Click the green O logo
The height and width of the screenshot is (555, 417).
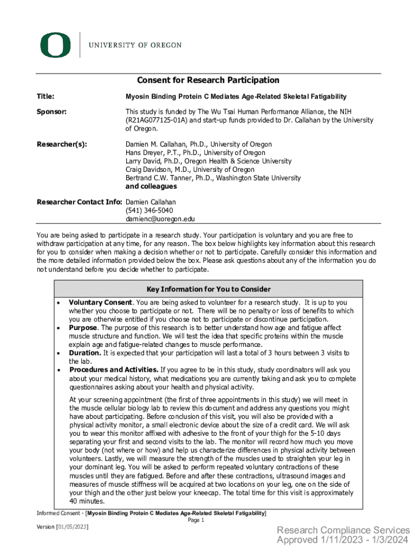(55, 45)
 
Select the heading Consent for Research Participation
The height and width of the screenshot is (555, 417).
(208, 80)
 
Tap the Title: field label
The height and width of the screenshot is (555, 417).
(45, 96)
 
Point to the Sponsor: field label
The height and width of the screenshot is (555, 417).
(51, 112)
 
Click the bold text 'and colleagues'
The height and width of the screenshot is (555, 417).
(151, 186)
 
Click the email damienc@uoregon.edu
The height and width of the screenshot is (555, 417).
(160, 219)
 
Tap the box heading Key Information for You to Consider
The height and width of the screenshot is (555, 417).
(208, 289)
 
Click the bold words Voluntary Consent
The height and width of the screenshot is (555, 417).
(101, 302)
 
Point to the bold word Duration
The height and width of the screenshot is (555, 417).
(85, 353)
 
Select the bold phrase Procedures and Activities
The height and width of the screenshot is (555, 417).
(114, 370)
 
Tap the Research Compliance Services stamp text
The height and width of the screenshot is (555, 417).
(343, 530)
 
